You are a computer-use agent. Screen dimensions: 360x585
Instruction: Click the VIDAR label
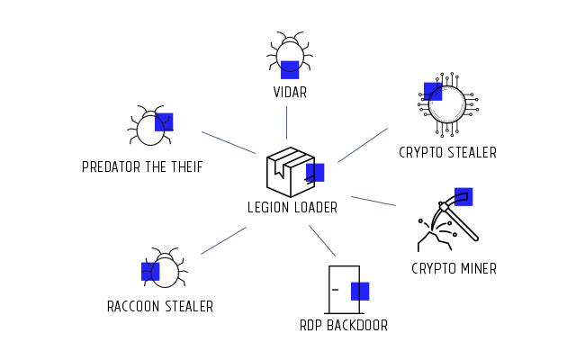[x=290, y=92]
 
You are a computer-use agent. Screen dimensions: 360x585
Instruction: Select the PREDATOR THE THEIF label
[x=142, y=166]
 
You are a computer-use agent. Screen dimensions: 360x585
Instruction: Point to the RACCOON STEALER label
[x=160, y=307]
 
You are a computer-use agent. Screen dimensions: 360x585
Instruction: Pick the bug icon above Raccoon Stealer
[x=163, y=269]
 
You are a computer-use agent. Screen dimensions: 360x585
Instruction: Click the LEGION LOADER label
[x=292, y=208]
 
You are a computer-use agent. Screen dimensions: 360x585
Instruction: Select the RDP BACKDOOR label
[x=344, y=326]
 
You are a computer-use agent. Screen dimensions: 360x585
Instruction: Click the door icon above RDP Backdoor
[x=345, y=288]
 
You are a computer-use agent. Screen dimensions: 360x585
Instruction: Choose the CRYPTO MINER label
[x=454, y=268]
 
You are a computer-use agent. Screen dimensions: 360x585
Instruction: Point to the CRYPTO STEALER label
[x=447, y=153]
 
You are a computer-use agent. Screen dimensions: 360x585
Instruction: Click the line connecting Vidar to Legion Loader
[x=287, y=122]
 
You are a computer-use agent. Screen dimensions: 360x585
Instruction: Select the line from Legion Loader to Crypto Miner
[x=373, y=201]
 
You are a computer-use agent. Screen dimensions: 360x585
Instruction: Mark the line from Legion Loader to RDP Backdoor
[x=322, y=240]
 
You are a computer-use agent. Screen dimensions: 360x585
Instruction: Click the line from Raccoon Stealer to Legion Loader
[x=223, y=240]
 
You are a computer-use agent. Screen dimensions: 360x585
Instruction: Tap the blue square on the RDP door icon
[x=360, y=291]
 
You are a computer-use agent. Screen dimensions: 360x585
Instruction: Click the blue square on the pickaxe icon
[x=463, y=196]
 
